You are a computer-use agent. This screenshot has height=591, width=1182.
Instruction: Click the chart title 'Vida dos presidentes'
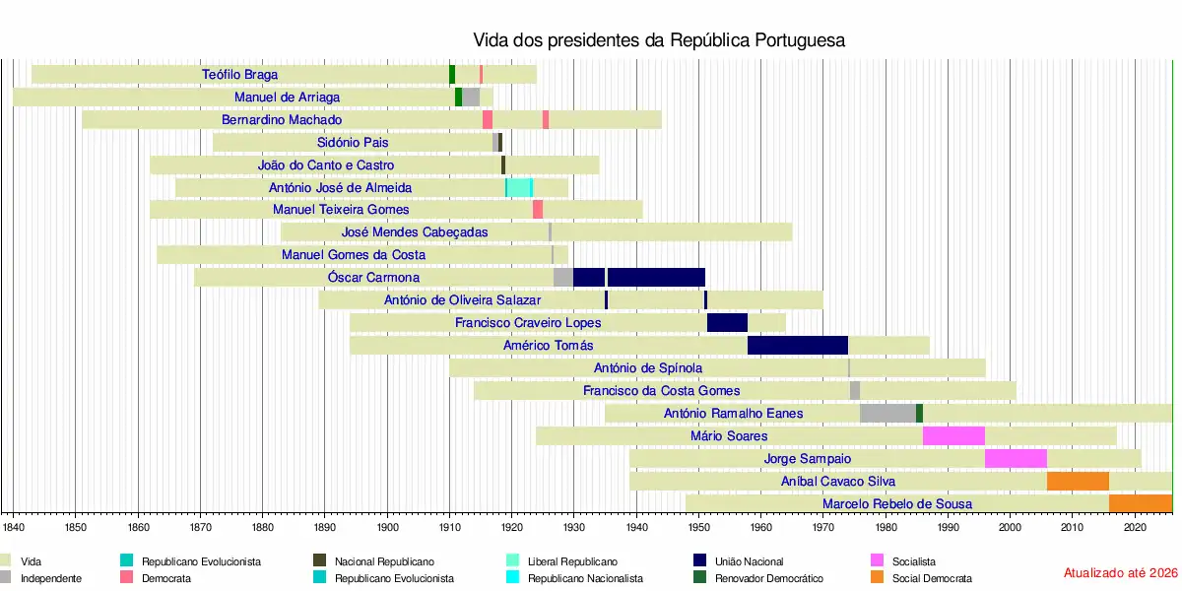[659, 40]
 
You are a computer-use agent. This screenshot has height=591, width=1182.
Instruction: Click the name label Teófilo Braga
[239, 74]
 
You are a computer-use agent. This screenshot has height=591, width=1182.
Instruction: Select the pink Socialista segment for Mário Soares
[953, 435]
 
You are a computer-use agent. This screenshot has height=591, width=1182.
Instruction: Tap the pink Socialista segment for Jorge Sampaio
[1016, 458]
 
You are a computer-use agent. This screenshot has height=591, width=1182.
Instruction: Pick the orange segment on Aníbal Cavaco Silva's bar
[1078, 481]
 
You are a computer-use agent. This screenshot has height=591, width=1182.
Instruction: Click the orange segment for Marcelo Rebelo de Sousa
[1140, 503]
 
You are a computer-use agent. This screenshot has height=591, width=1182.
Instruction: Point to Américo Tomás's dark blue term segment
[798, 345]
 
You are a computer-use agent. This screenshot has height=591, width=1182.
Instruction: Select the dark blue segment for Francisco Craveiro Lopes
[727, 322]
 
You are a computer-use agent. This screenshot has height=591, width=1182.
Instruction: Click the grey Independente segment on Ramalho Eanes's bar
[887, 413]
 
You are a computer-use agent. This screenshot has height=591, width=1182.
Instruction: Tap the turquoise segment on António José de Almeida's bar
[519, 187]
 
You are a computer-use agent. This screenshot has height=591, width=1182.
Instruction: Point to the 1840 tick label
[14, 527]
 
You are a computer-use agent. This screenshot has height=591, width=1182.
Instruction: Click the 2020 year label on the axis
[1135, 527]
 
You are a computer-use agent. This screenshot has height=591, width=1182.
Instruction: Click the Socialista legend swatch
[877, 561]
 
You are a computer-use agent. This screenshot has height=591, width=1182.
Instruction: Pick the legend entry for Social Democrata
[931, 578]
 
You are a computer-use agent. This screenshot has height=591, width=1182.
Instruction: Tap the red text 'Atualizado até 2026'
[1120, 572]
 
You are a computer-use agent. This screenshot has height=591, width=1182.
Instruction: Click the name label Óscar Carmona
[373, 278]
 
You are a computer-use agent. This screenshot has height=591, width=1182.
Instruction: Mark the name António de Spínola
[648, 368]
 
